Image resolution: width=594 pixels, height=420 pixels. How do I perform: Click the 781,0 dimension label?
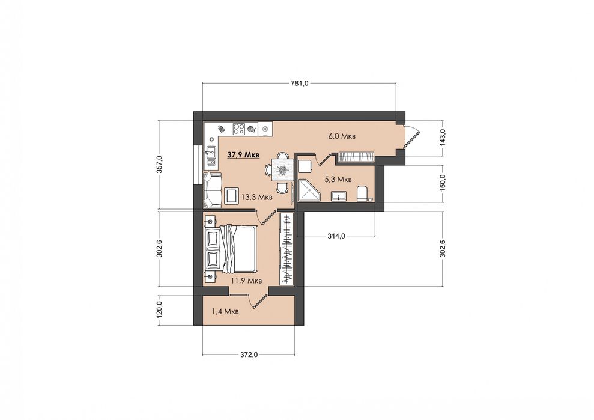tap(300, 84)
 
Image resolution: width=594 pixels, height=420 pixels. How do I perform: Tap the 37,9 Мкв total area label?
tap(243, 154)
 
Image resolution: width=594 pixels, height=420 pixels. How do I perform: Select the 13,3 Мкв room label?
tap(257, 197)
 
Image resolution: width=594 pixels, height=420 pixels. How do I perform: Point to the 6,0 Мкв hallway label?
tap(342, 136)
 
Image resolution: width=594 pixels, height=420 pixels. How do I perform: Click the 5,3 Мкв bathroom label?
tap(339, 179)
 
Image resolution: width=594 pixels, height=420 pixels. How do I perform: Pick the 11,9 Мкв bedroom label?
tap(247, 281)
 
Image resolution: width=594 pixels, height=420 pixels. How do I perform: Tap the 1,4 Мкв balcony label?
tap(225, 312)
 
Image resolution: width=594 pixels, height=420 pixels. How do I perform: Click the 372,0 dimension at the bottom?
tap(249, 355)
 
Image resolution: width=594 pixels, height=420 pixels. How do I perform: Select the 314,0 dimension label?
tap(336, 236)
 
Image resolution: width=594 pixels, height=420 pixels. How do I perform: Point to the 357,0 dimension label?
tap(160, 164)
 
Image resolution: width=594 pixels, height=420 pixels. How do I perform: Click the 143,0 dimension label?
tap(443, 138)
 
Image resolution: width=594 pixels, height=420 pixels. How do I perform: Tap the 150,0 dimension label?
tap(443, 183)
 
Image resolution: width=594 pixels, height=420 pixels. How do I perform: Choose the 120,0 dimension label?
tap(160, 311)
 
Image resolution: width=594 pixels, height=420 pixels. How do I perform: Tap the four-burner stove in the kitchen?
tap(238, 129)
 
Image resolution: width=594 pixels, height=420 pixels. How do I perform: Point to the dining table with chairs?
tap(280, 170)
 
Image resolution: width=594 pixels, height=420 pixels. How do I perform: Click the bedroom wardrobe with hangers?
tap(286, 249)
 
